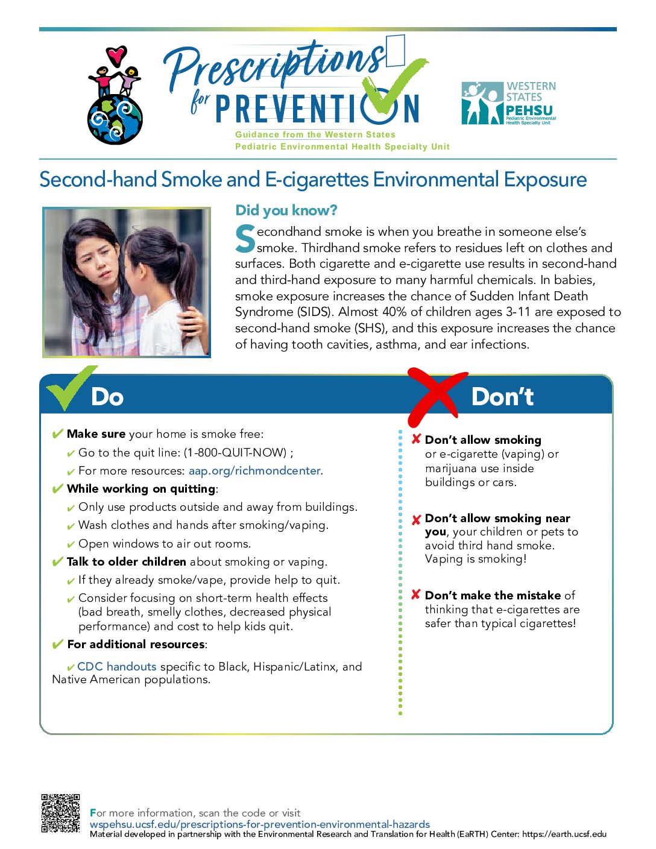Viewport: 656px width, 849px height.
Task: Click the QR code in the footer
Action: coord(60,813)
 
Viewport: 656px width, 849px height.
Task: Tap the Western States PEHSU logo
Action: coord(508,103)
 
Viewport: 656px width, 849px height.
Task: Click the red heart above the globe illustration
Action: coord(116,55)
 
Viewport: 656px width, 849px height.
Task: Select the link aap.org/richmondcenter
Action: coord(256,471)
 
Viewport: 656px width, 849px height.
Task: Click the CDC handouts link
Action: coord(116,666)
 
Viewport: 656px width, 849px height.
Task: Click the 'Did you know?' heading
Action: coord(286,210)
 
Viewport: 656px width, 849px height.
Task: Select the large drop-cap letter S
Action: coord(245,239)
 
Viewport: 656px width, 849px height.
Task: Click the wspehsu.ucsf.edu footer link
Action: coord(260,824)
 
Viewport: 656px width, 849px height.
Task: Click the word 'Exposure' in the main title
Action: coord(545,180)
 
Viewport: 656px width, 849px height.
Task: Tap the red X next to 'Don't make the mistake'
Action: coord(415,595)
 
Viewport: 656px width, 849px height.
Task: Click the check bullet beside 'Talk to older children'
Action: coord(58,562)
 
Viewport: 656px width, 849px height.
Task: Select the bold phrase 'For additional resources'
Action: coord(136,645)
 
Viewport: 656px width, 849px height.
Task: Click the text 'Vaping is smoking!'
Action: coord(475,559)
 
